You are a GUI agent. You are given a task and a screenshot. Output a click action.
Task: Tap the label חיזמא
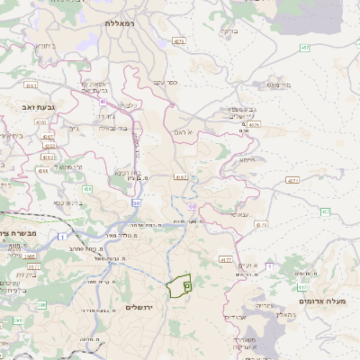248,159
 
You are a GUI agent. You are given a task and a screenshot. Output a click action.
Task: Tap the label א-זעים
248,265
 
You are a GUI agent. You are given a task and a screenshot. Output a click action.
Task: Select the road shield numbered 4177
225,259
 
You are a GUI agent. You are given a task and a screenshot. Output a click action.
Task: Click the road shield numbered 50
136,202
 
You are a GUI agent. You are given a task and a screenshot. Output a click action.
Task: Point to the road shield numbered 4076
255,125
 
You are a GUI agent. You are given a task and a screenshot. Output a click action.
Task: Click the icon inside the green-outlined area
186,285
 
